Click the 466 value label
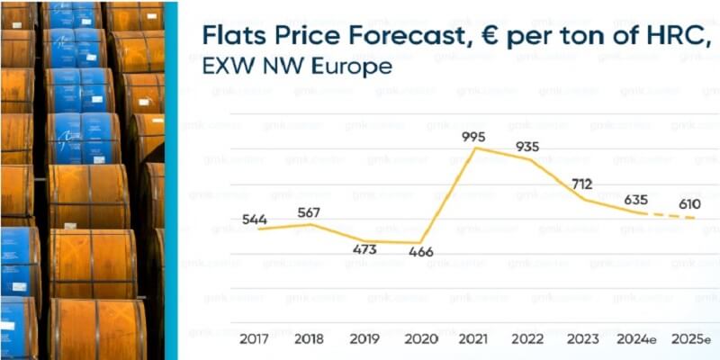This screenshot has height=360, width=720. coord(420,252)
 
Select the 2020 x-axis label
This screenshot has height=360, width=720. coord(420,339)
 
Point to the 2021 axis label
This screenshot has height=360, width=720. coord(474,339)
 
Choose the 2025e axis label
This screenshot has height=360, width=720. coord(691,339)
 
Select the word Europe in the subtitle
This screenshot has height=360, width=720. coord(355,67)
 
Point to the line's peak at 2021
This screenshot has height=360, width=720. coord(475,148)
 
